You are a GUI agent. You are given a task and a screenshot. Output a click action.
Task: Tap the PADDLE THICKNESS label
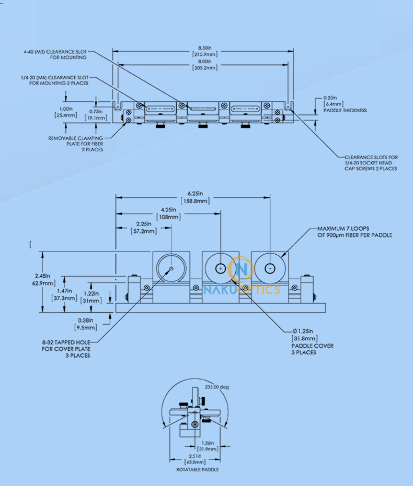(x=345, y=110)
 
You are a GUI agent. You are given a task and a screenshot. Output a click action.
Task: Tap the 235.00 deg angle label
(x=217, y=387)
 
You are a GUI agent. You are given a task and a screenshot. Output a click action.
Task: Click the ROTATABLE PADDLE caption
(x=198, y=469)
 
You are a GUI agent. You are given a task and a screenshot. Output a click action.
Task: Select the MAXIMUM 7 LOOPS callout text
(x=354, y=232)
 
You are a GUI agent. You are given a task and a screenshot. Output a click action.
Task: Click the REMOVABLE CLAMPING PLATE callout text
(x=76, y=144)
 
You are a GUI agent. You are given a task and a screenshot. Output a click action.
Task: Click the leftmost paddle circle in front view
(x=171, y=268)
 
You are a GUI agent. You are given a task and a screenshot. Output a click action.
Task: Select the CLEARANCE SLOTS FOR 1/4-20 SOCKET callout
(x=371, y=162)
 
